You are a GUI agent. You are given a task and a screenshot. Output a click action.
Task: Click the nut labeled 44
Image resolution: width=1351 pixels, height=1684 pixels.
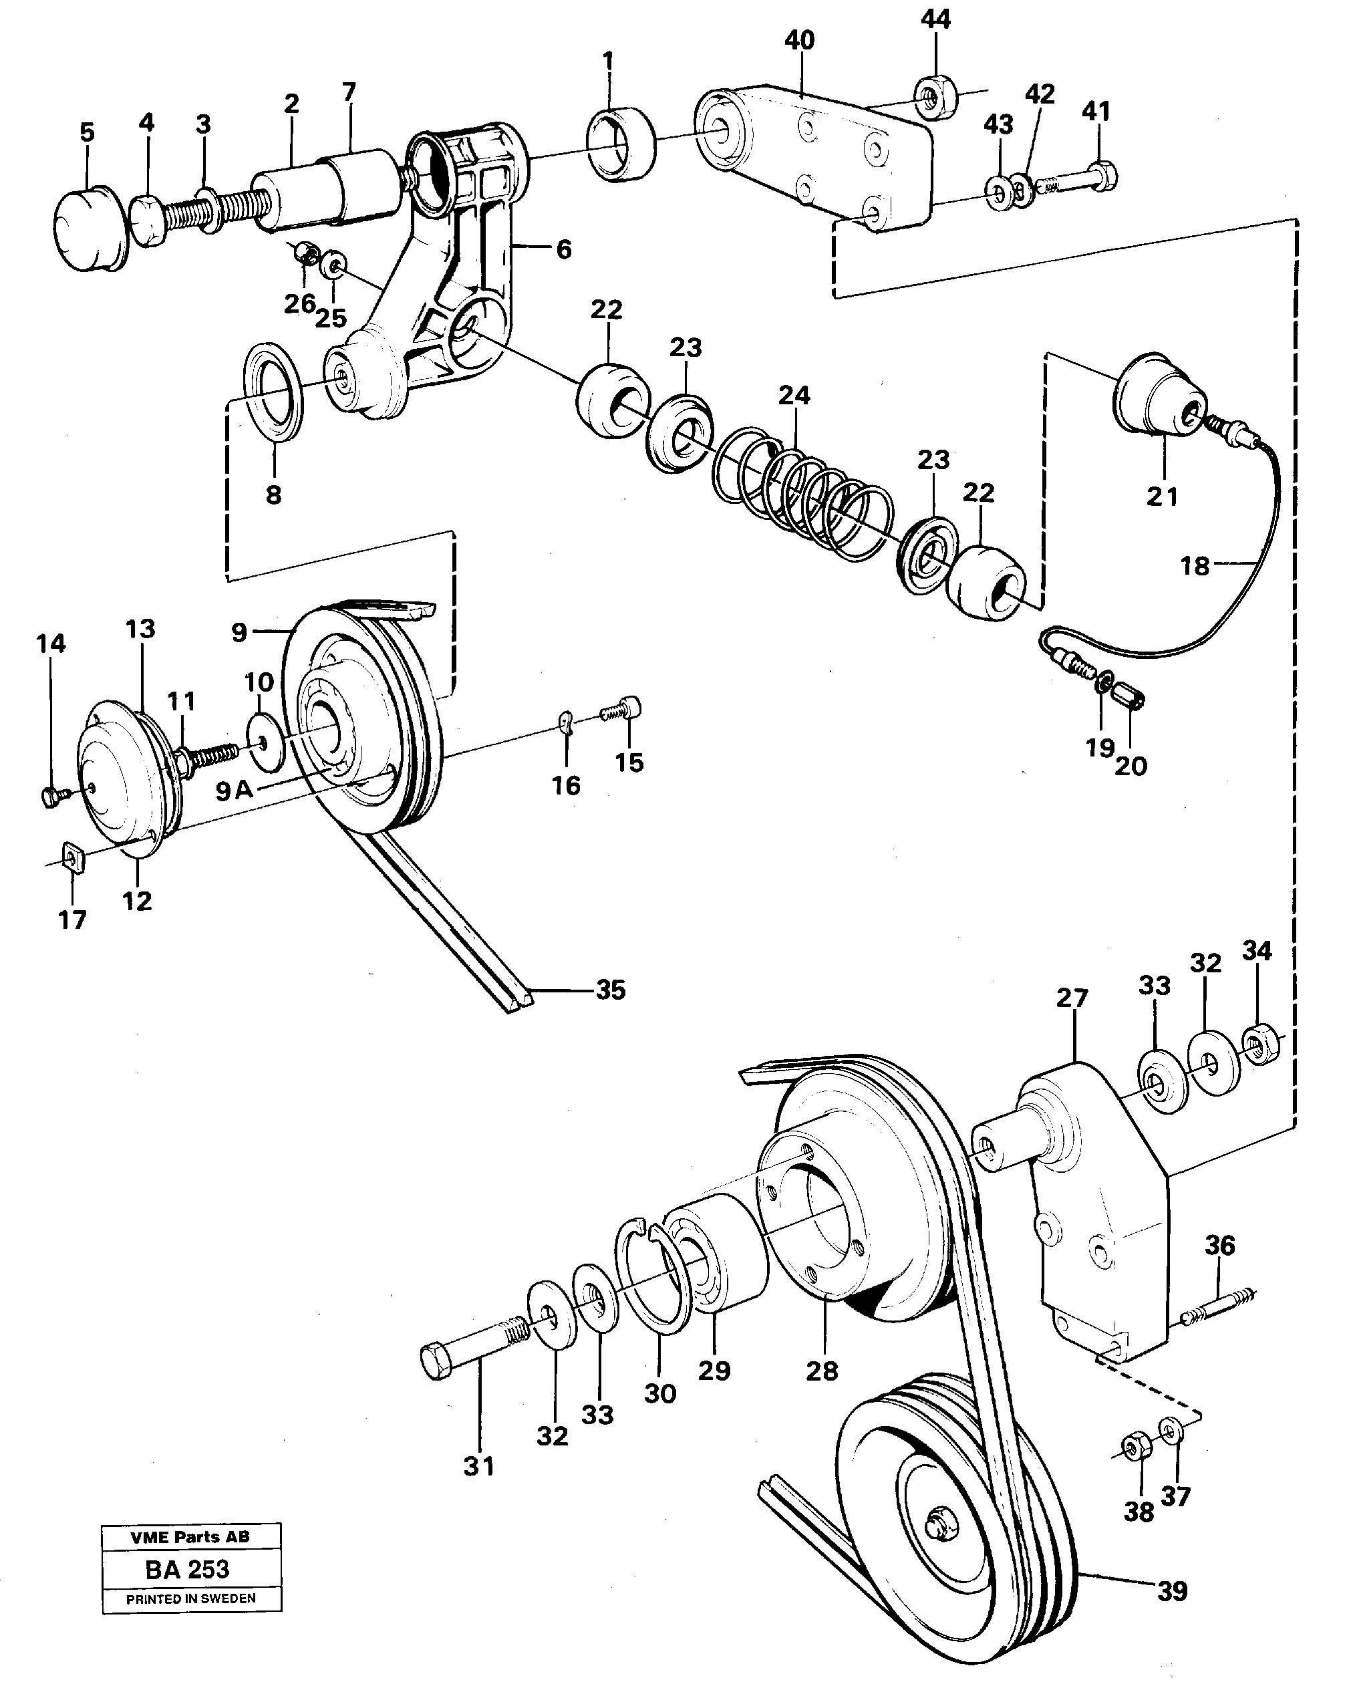[931, 98]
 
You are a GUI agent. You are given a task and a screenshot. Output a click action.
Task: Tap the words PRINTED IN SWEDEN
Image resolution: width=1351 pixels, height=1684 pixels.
[191, 1621]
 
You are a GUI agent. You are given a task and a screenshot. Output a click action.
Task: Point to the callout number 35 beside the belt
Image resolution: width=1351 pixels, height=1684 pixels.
[610, 990]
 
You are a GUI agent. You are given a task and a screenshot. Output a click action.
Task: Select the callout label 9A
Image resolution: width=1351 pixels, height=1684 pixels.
[235, 791]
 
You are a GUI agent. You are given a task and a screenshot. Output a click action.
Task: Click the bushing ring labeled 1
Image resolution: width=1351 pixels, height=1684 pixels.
[621, 143]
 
